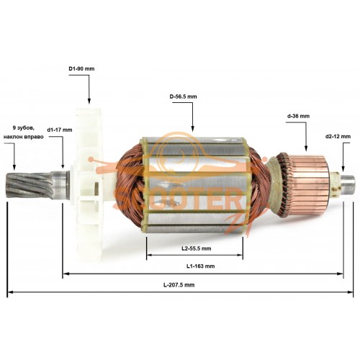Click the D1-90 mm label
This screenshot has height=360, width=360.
coord(81,69)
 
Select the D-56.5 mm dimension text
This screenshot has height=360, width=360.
coord(183,96)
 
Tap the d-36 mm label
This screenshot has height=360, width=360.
coord(298,116)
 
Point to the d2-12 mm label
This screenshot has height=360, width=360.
coord(338,136)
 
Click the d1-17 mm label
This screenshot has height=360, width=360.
coord(60,130)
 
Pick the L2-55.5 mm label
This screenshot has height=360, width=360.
coord(197,248)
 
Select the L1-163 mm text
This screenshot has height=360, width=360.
coord(200,266)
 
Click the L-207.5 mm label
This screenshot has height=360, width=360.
coord(179,285)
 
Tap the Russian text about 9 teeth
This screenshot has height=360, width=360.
coord(24,132)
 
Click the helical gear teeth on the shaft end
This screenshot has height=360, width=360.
coord(30,186)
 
